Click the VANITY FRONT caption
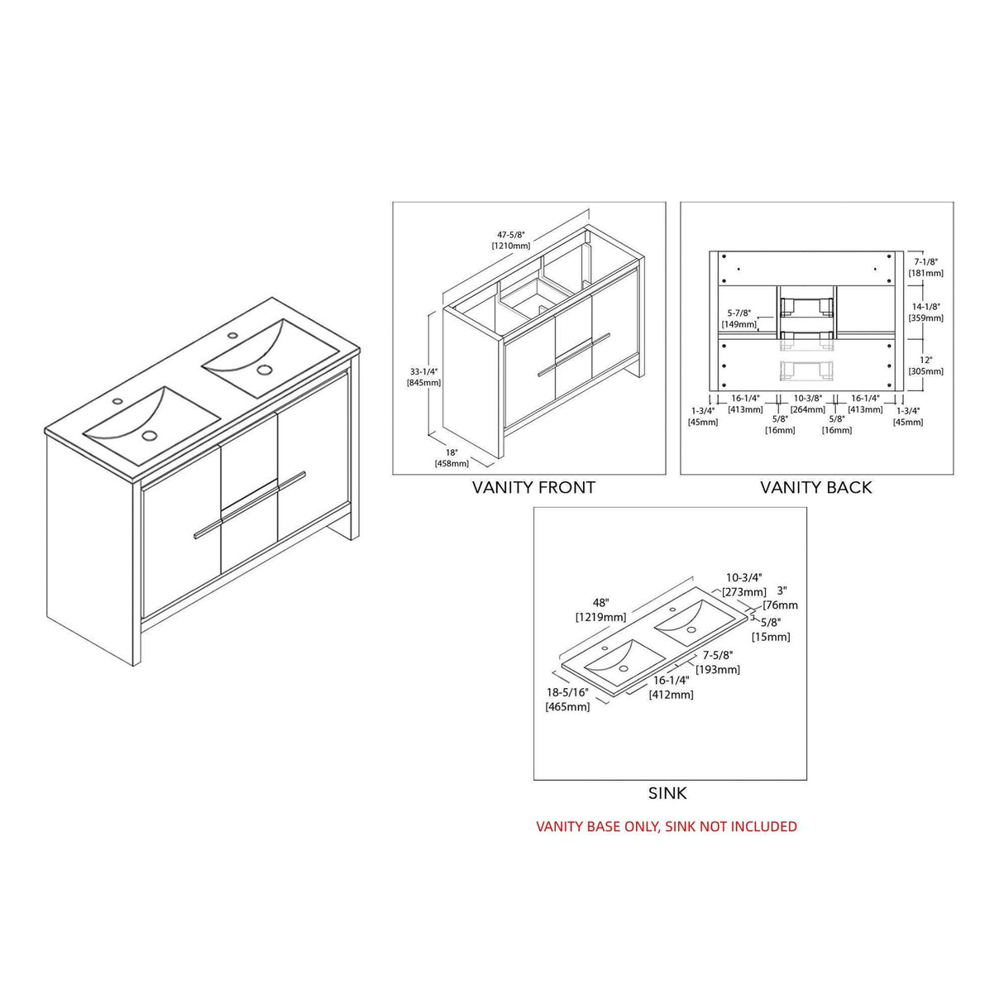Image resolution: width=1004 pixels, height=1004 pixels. (x=533, y=487)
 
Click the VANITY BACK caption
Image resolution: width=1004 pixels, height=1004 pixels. (x=815, y=487)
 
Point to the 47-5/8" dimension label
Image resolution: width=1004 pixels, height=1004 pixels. (x=511, y=240)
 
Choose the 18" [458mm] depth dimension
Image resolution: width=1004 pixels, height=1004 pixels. (x=452, y=458)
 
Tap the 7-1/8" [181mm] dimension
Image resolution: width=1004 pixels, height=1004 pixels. (x=926, y=267)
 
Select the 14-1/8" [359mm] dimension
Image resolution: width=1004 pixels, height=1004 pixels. (x=926, y=312)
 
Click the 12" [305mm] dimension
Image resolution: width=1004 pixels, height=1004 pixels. (x=926, y=366)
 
